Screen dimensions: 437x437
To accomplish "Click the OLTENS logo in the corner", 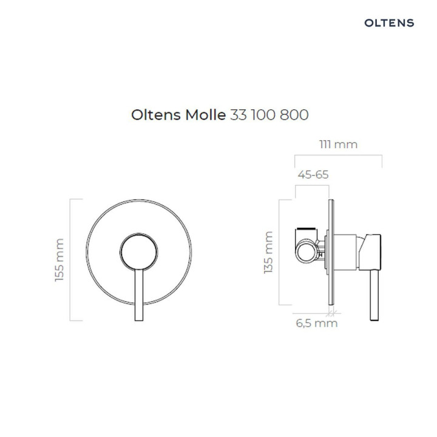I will click(389, 23).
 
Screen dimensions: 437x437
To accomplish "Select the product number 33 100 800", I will click(269, 115).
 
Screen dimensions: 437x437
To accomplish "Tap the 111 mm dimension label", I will click(338, 144).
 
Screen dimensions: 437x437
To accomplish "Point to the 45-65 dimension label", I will click(313, 174).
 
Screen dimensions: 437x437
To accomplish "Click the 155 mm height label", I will click(59, 260).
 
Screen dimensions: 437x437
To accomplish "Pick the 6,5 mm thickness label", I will click(316, 324).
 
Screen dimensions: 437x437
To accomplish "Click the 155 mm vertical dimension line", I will click(72, 260).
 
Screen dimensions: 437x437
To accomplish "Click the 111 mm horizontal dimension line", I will click(338, 156).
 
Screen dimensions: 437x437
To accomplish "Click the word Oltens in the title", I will click(155, 115).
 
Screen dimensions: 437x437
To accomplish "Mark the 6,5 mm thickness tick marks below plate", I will click(331, 313).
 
